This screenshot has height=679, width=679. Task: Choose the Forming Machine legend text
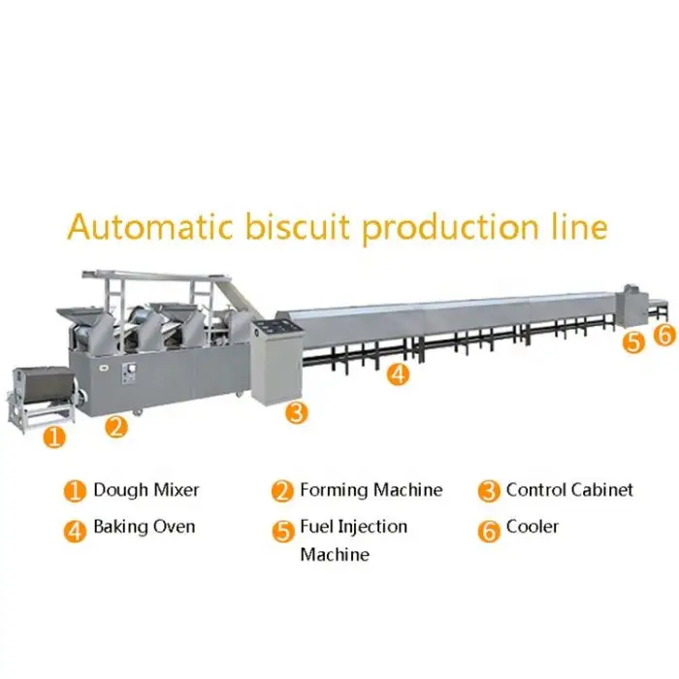[x=371, y=490]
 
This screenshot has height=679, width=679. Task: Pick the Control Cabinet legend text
[x=569, y=489]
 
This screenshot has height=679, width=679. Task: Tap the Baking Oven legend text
[x=144, y=527]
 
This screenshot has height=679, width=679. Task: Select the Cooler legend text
[x=533, y=527]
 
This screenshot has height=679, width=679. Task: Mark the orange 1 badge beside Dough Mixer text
[x=75, y=491]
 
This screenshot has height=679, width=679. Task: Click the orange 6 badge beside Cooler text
[x=489, y=529]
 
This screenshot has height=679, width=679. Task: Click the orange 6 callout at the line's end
[x=663, y=336]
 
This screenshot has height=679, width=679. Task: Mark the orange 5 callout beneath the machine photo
[x=633, y=341]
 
